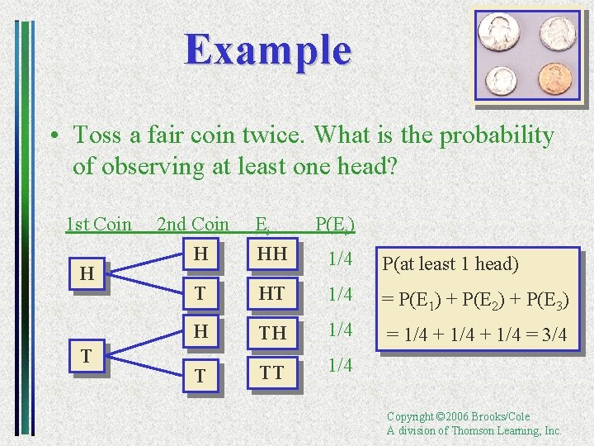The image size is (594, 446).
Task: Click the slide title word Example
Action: point(268,50)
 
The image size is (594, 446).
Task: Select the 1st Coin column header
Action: point(99,224)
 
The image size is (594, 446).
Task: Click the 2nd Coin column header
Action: point(193,224)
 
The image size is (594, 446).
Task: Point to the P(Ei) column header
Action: point(335,225)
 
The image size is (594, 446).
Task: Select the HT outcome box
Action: point(271,294)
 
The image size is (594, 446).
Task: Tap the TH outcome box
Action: point(271,332)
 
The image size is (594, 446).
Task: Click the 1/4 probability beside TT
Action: point(341,365)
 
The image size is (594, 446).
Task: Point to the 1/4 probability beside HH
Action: point(341,259)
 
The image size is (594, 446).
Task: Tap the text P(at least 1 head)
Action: point(450,264)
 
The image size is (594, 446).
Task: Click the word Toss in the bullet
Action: point(95,135)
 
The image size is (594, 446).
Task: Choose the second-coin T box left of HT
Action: point(199,294)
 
